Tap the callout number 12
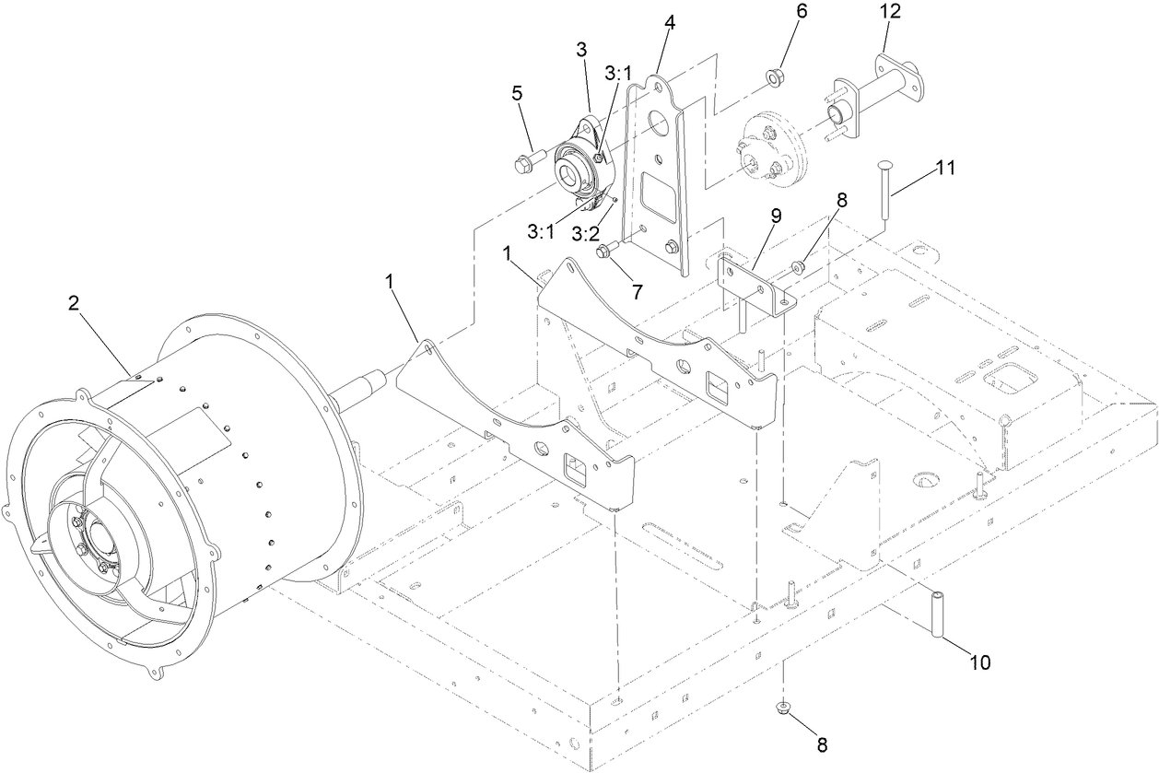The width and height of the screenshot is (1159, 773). click(891, 12)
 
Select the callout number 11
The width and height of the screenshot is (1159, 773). click(945, 168)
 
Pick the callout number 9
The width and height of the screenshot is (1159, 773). click(776, 217)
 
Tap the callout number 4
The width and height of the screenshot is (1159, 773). click(670, 23)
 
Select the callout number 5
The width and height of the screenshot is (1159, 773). click(517, 93)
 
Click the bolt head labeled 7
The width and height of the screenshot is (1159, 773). click(603, 251)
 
